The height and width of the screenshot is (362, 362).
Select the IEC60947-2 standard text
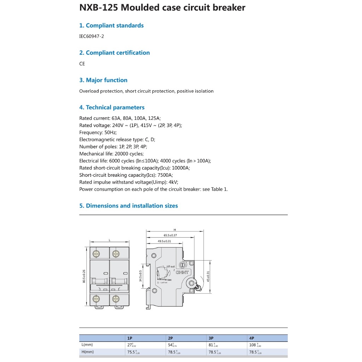pos(92,36)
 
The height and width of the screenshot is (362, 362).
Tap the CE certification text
pos(82,64)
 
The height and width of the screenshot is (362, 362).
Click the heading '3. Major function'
pos(103,80)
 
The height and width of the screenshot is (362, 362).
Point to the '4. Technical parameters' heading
pos(112,107)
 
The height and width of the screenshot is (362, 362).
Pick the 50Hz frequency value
pos(110,132)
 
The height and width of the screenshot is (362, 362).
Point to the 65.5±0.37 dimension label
pos(170,235)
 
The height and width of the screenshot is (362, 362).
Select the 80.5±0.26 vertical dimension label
pos(84,276)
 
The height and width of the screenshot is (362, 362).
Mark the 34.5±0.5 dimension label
pos(140,276)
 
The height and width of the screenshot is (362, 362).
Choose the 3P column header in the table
pos(211,338)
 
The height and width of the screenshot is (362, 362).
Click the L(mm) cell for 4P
pos(255,345)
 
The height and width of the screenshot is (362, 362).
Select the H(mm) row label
pos(87,352)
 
